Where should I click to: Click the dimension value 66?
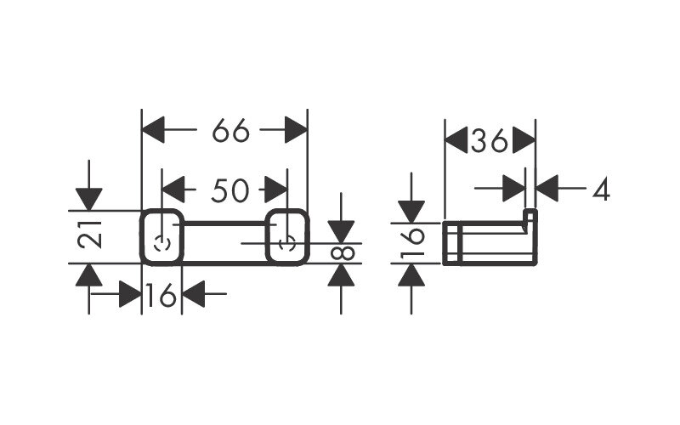pyautogui.click(x=230, y=130)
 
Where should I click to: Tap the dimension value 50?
pyautogui.click(x=230, y=190)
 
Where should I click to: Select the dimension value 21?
pyautogui.click(x=90, y=235)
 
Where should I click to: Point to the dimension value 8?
pyautogui.click(x=343, y=253)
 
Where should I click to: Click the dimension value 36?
pyautogui.click(x=490, y=140)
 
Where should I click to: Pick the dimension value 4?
pyautogui.click(x=601, y=189)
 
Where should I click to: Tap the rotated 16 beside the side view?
pyautogui.click(x=412, y=243)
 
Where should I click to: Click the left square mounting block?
pyautogui.click(x=161, y=237)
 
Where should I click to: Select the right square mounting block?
pyautogui.click(x=287, y=237)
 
